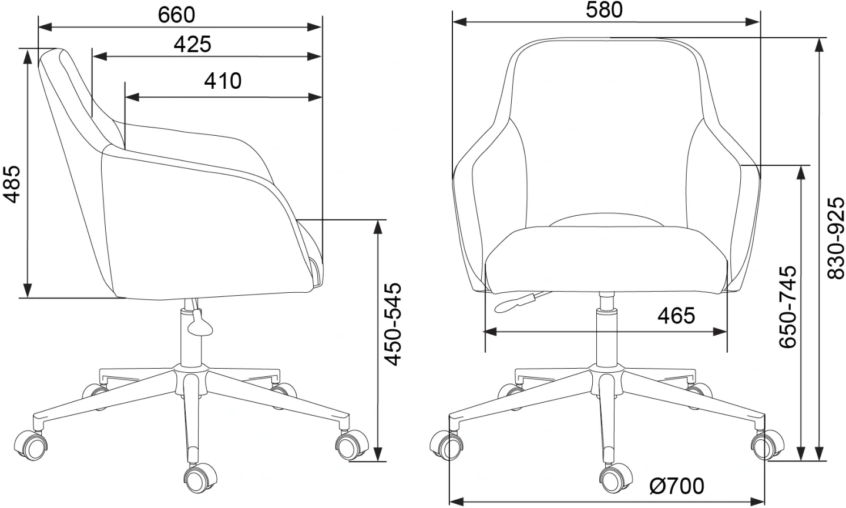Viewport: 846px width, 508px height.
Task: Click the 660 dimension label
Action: [176, 15]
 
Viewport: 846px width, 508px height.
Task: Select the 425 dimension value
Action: [192, 44]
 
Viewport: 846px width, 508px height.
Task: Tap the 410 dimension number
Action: [223, 81]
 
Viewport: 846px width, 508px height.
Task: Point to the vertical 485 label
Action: [11, 185]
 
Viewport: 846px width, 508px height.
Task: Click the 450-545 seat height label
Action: [392, 324]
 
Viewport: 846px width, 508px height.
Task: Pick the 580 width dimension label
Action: [605, 10]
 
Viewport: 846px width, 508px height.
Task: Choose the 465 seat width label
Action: [676, 315]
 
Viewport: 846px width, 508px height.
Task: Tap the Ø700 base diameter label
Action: [677, 486]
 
